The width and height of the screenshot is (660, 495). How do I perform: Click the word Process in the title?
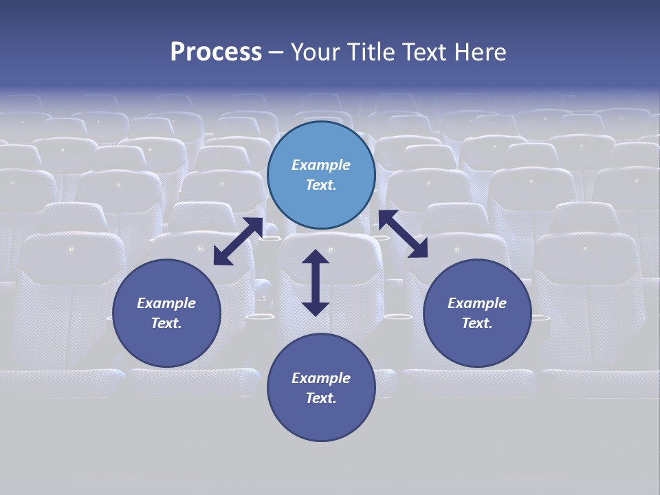216,52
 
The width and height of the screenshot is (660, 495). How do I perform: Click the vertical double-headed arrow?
316,283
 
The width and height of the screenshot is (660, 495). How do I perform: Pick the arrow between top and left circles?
238,241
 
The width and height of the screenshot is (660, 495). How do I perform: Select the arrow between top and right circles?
403,234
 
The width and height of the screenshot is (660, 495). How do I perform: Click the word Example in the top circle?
321,165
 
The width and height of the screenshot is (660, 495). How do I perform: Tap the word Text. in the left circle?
166,323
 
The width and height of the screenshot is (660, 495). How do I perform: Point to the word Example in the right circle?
477,303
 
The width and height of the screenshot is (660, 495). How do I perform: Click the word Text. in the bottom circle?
321,398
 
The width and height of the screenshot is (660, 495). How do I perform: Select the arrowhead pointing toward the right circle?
419,250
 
